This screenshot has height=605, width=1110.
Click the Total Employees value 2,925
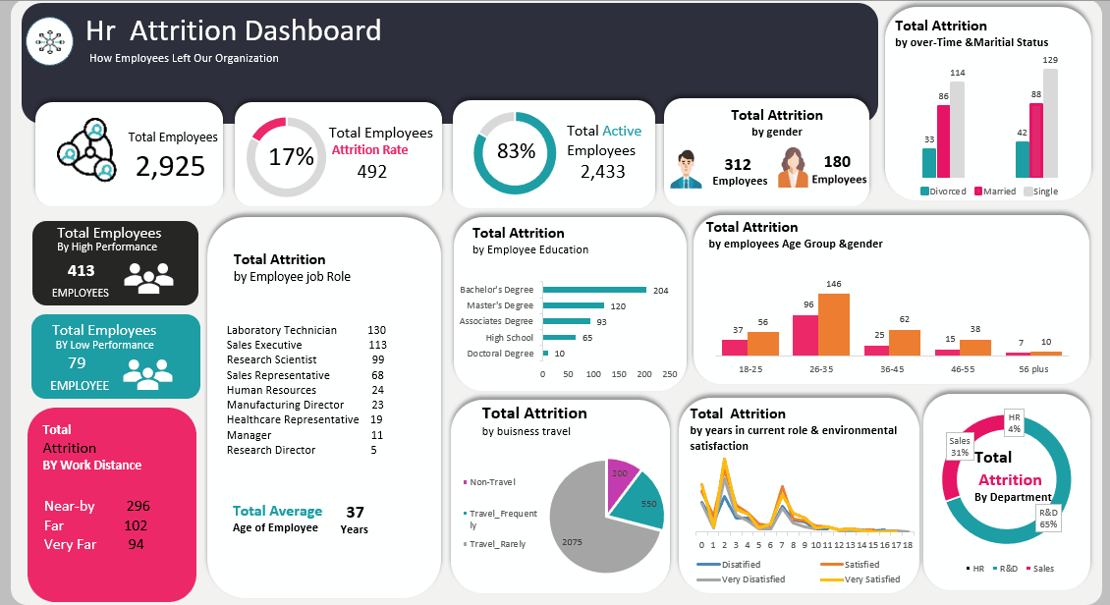pos(170,166)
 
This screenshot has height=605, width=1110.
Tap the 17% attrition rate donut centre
pos(291,156)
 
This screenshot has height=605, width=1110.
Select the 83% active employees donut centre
pos(516,151)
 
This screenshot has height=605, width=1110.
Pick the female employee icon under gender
pos(793,167)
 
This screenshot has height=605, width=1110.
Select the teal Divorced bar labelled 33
pos(929,163)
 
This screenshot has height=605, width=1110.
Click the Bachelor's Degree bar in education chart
pos(593,290)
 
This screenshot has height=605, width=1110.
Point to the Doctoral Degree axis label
pos(500,354)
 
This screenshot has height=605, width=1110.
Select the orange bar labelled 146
pos(833,324)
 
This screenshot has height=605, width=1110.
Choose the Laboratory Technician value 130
pos(376,330)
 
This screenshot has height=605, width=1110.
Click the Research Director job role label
pos(271,450)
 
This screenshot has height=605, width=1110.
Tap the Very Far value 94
pos(136,544)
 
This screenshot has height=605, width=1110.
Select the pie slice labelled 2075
pos(589,530)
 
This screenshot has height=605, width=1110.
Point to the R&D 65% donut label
pos(1048,518)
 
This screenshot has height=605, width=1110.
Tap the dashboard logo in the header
pos(49,41)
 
